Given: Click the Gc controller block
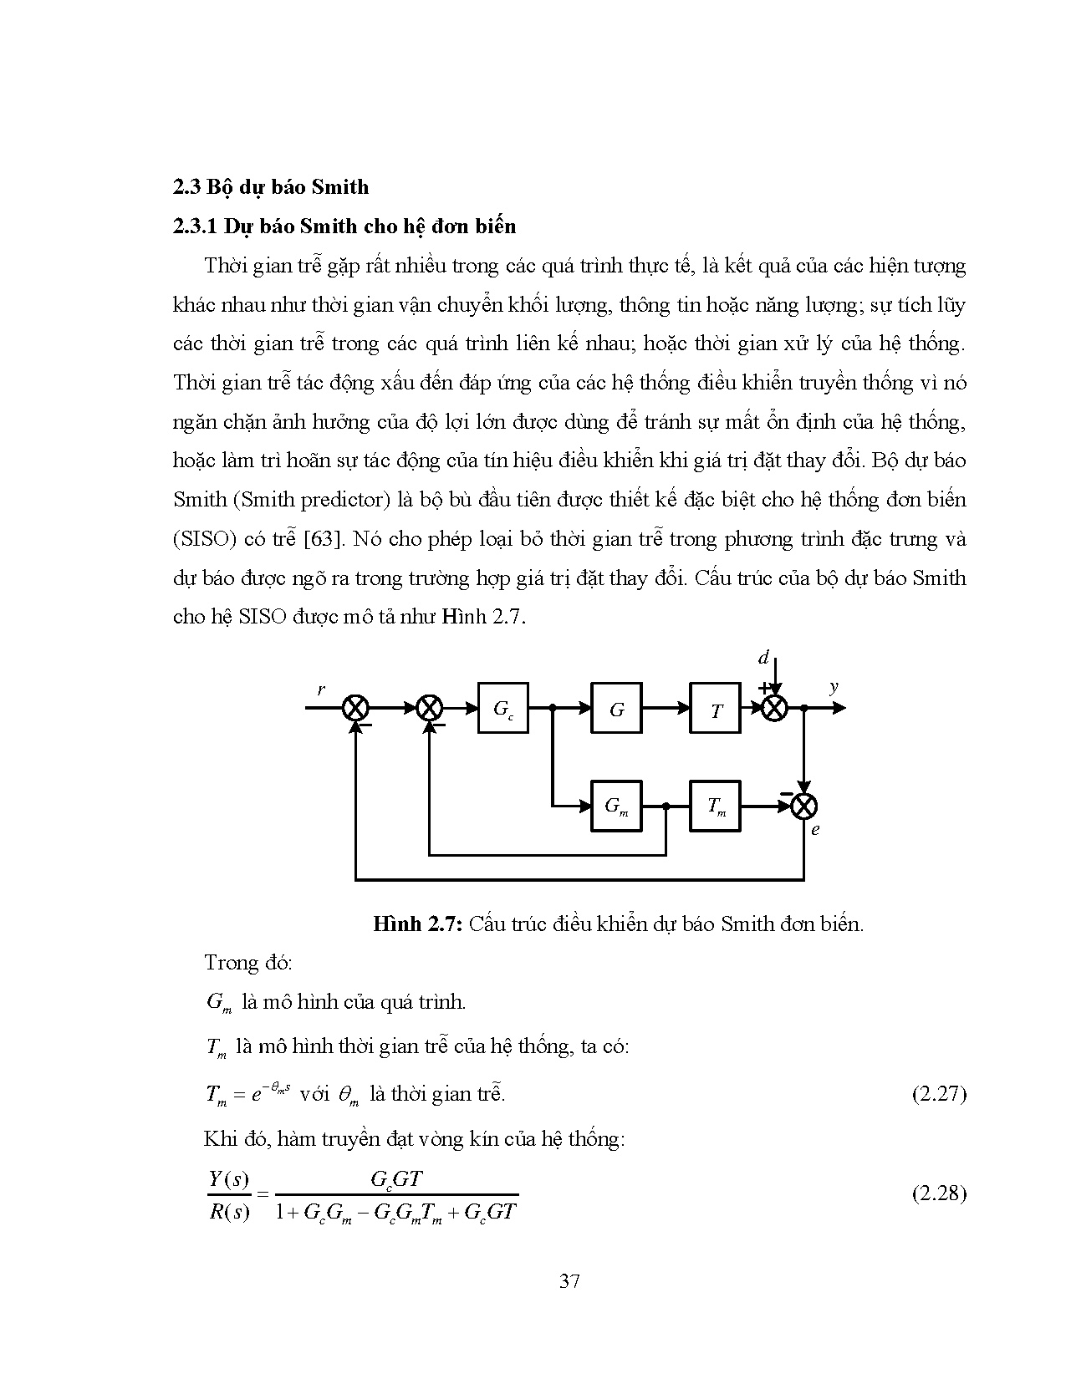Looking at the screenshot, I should point(502,708).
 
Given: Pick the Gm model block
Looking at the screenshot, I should point(616,807).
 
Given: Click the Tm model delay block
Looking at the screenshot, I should point(715,807).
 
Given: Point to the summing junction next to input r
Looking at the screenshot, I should point(356,708).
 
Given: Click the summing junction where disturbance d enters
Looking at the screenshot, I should point(774,708).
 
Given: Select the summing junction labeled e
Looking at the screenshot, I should point(803,807).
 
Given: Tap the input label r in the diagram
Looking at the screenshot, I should point(321,689).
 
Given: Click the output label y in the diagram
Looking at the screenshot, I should point(834,687).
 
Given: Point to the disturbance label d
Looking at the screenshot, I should point(763,658).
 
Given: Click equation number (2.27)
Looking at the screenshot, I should point(938,1093).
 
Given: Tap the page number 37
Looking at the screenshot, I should point(569,1280).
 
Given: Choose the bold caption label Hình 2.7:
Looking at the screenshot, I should point(417,924).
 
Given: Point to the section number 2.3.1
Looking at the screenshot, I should point(196,226).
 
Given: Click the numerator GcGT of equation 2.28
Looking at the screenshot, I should point(396,1179).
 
